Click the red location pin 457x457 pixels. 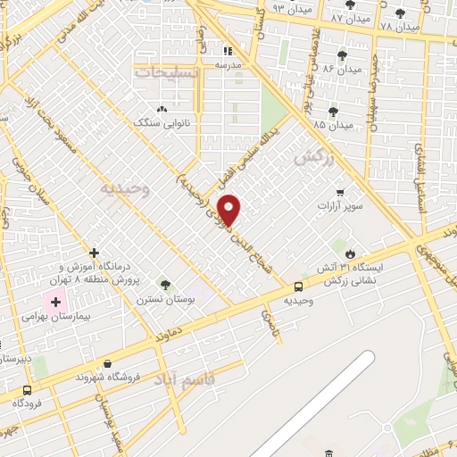pyautogui.click(x=230, y=212)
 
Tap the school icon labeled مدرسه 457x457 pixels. pyautogui.click(x=226, y=51)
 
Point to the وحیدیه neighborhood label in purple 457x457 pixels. pyautogui.click(x=120, y=188)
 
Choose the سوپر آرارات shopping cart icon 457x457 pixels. pyautogui.click(x=339, y=192)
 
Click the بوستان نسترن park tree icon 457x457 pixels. pyautogui.click(x=164, y=284)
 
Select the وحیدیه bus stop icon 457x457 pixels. pyautogui.click(x=298, y=287)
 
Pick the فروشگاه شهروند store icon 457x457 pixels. pyautogui.click(x=108, y=363)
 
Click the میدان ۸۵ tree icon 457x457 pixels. pyautogui.click(x=333, y=111)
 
